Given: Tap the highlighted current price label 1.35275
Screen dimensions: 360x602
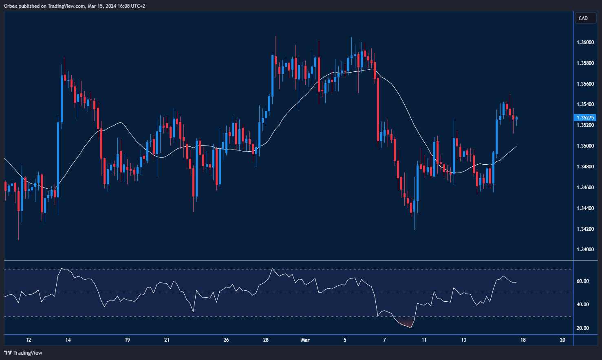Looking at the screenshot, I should point(585,118).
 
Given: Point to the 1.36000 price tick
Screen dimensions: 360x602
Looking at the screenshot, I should point(585,42).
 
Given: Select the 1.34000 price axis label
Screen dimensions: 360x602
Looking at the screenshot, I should point(585,250).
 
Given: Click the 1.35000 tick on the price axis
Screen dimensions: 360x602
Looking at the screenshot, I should point(585,146).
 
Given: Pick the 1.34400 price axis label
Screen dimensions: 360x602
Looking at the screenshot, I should point(585,208).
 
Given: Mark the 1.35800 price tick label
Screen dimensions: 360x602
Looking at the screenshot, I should point(585,63).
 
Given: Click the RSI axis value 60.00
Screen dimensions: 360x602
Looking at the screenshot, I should point(583,281).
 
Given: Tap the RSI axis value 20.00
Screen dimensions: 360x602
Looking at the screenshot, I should point(583,328).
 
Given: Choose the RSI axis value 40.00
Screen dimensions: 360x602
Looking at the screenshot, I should point(583,305).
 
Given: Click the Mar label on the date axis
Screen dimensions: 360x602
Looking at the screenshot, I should point(305,340).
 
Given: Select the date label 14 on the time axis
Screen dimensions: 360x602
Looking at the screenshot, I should point(68,340).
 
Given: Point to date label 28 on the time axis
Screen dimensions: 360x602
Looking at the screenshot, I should point(266,340).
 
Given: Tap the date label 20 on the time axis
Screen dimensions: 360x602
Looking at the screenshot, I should point(562,340).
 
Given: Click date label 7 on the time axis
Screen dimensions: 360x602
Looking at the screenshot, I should point(384,340).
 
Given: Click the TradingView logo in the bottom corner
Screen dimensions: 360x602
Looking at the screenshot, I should point(23,353).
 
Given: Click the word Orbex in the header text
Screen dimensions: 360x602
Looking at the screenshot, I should point(11,6).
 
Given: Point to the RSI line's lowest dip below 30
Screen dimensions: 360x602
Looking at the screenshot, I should point(410,327).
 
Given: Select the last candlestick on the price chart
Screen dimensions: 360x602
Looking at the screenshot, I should point(516,119).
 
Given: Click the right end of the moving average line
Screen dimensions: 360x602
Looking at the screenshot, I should point(516,146).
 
